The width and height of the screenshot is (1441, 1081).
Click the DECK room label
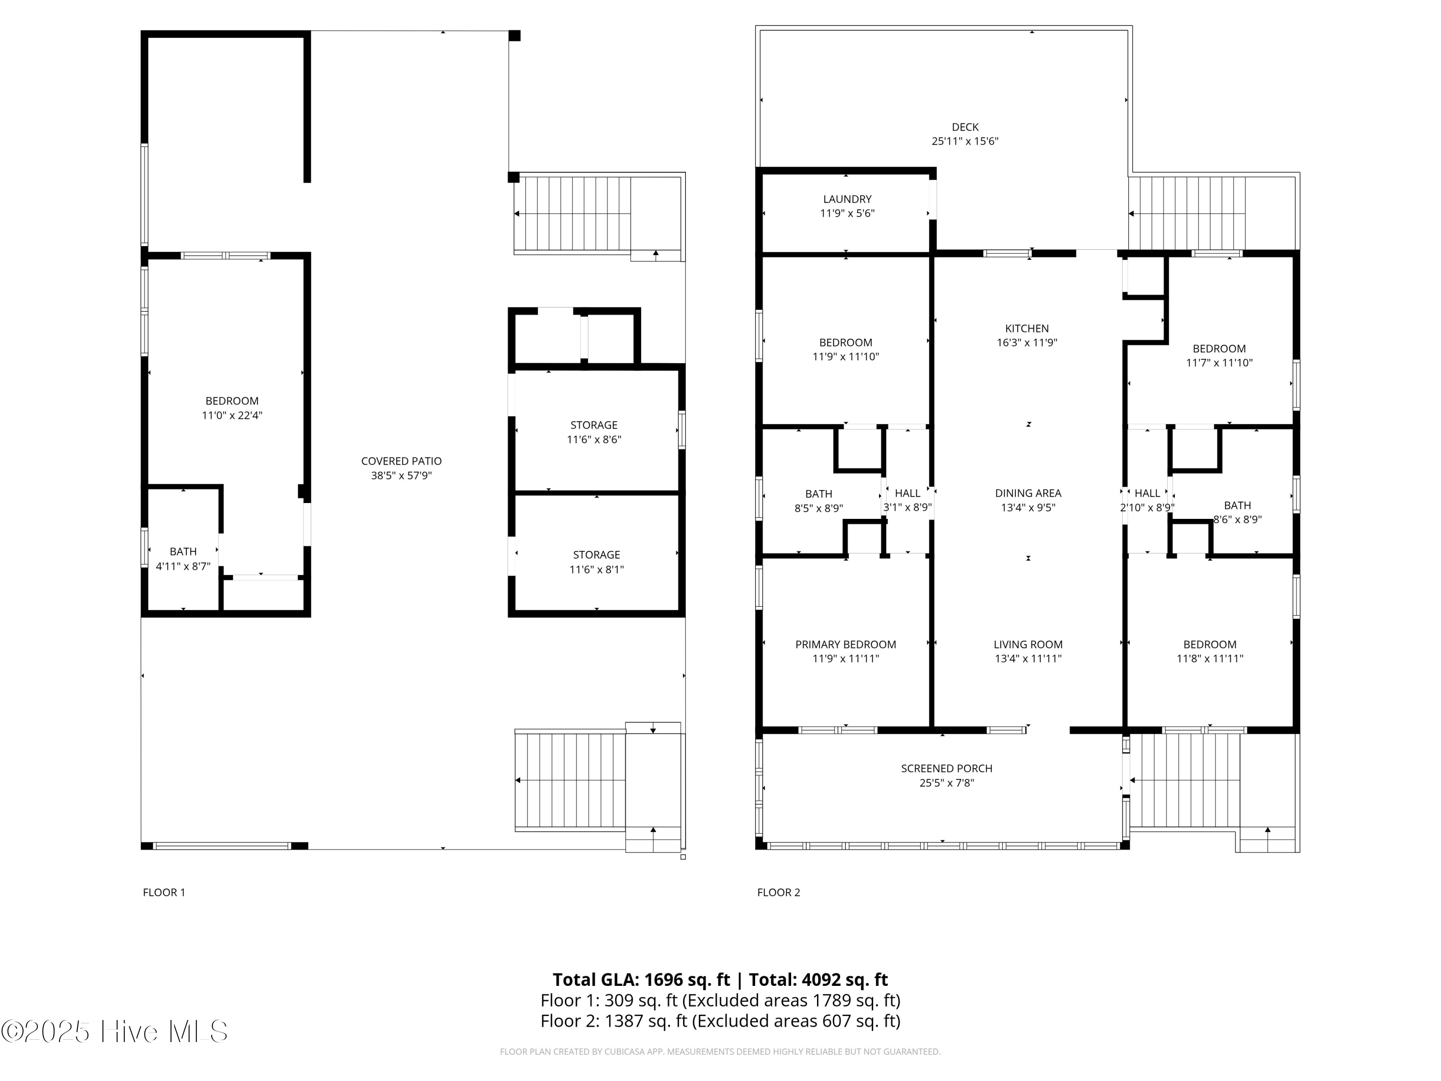pos(965,127)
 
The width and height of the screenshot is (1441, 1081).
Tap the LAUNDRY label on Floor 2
pos(847,199)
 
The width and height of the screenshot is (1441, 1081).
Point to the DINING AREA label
pos(1028,493)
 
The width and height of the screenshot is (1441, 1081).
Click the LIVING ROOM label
pos(1028,644)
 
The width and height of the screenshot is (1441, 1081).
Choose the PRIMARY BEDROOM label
pos(845,644)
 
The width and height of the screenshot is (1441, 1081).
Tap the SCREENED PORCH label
pos(947,768)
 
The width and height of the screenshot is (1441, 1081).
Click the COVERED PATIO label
pos(401,461)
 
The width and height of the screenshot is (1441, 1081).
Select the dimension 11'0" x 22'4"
pos(232,416)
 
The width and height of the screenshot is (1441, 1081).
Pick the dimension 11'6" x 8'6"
pos(594,440)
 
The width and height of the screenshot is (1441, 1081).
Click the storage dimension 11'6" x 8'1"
pos(596,569)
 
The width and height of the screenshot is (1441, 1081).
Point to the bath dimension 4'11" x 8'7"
pos(183,566)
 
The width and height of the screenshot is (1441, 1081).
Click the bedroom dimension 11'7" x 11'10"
pos(1219,363)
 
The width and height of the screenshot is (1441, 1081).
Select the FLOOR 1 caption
pos(164,893)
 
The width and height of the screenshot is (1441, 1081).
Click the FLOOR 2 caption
pos(779,893)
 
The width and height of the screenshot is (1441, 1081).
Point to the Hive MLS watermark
pos(115,1032)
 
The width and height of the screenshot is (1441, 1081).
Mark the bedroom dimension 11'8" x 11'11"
pos(1210,659)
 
